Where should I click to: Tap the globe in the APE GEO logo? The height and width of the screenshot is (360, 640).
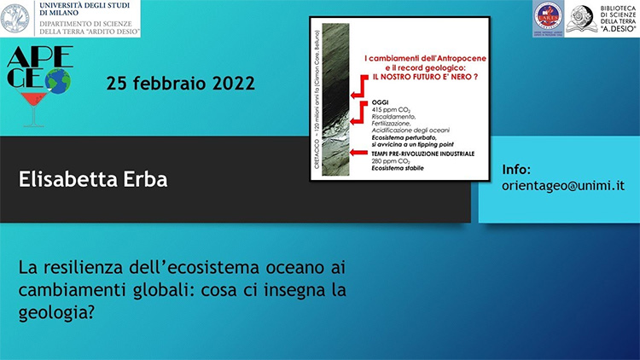point(59,81)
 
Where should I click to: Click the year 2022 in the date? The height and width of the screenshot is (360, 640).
point(230,84)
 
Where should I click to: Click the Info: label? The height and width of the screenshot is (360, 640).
point(517,169)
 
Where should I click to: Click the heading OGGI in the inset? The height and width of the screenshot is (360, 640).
point(381,102)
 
